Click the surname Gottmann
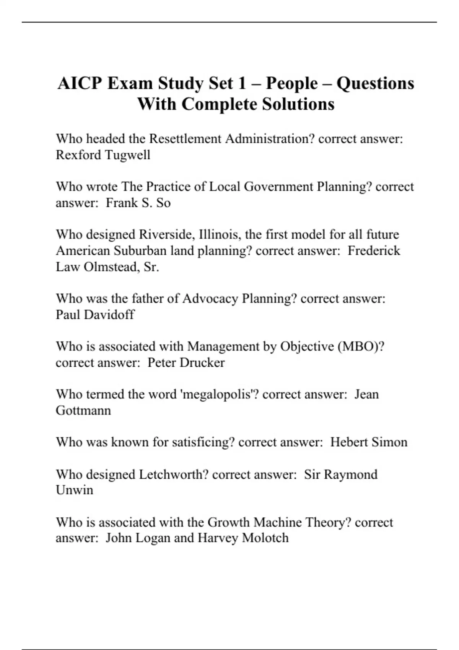tap(83, 410)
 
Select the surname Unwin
tap(74, 490)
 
